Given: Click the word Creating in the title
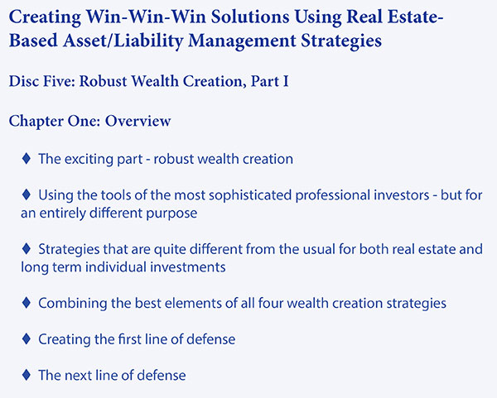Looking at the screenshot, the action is [x=45, y=17].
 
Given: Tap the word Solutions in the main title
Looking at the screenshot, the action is [x=250, y=17].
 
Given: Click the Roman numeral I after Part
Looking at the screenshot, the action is [x=286, y=81].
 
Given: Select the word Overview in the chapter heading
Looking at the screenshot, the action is [x=138, y=121].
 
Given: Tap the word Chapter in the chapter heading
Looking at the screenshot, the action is [x=36, y=122].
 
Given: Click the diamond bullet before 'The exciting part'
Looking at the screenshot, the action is [x=27, y=158].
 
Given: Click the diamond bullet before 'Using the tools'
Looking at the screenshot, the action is [x=27, y=194].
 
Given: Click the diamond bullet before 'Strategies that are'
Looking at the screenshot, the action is [x=27, y=248].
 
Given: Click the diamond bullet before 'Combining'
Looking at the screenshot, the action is [x=27, y=303].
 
